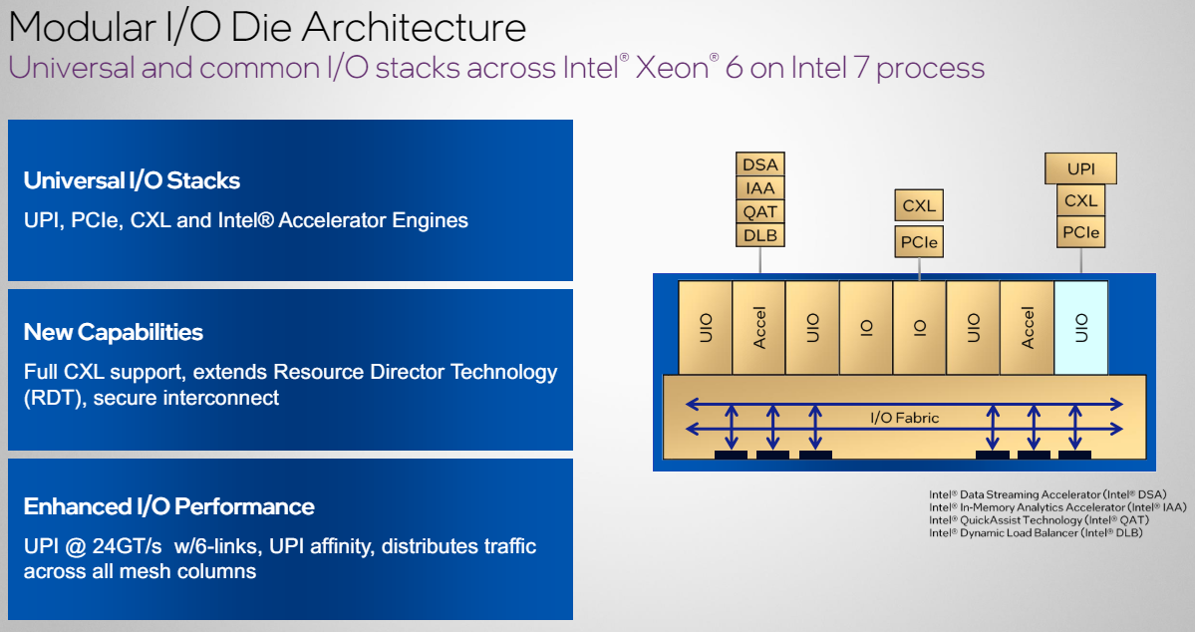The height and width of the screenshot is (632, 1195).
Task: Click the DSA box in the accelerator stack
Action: coord(760,164)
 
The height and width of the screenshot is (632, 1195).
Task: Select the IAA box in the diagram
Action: coord(760,188)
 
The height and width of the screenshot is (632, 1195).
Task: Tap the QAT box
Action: coord(760,211)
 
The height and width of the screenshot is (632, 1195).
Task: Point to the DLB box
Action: coord(760,235)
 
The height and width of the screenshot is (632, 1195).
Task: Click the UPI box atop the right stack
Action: coord(1080,169)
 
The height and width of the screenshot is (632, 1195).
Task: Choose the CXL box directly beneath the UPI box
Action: coord(1080,201)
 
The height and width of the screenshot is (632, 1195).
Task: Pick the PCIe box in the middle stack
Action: coord(918,242)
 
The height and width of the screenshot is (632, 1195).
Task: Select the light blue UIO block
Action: coord(1080,328)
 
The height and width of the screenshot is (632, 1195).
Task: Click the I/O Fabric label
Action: coord(904,418)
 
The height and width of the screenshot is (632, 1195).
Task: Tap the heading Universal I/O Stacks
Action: coord(132,180)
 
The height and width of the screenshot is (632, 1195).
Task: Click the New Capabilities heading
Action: coord(113,332)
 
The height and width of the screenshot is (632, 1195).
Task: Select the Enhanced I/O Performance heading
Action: coord(168,506)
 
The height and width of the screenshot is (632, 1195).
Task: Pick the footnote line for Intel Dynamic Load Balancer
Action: coord(1036,533)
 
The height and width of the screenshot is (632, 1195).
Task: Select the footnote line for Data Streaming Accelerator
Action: coord(1047,494)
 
